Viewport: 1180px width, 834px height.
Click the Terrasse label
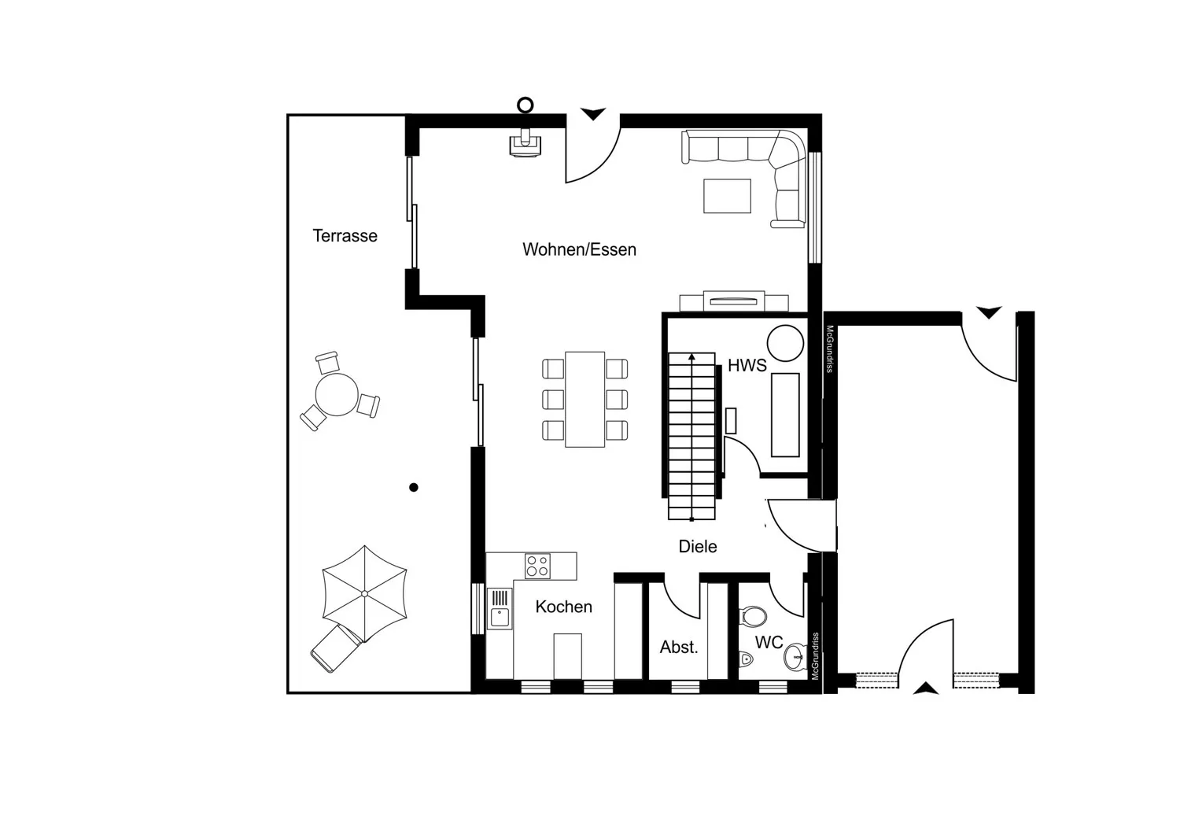pyautogui.click(x=345, y=235)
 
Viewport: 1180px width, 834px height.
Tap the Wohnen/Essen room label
pyautogui.click(x=580, y=249)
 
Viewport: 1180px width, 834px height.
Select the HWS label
pyautogui.click(x=747, y=365)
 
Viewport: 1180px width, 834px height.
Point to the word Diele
pyautogui.click(x=698, y=546)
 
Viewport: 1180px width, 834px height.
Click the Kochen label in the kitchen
pyautogui.click(x=564, y=607)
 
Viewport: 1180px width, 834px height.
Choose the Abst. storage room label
pyautogui.click(x=679, y=647)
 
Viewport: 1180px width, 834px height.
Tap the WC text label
pyautogui.click(x=769, y=642)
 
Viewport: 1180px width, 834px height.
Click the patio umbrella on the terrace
pyautogui.click(x=364, y=594)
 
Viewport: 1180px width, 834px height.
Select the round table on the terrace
pyautogui.click(x=337, y=394)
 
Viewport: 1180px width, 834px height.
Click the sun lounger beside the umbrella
pyautogui.click(x=336, y=648)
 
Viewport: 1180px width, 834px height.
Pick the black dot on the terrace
pyautogui.click(x=414, y=487)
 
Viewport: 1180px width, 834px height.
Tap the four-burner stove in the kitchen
pyautogui.click(x=537, y=566)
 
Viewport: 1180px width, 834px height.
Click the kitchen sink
pyautogui.click(x=500, y=609)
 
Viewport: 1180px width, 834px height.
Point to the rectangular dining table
pyautogui.click(x=584, y=400)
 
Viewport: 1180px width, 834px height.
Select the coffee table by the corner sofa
pyautogui.click(x=727, y=196)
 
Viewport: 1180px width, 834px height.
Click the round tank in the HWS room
pyautogui.click(x=785, y=343)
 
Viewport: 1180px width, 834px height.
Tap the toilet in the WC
pyautogui.click(x=753, y=616)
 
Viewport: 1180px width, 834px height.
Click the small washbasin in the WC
pyautogui.click(x=795, y=657)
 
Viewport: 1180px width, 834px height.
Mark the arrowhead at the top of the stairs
pyautogui.click(x=691, y=357)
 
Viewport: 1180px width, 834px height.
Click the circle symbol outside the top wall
pyautogui.click(x=525, y=105)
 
